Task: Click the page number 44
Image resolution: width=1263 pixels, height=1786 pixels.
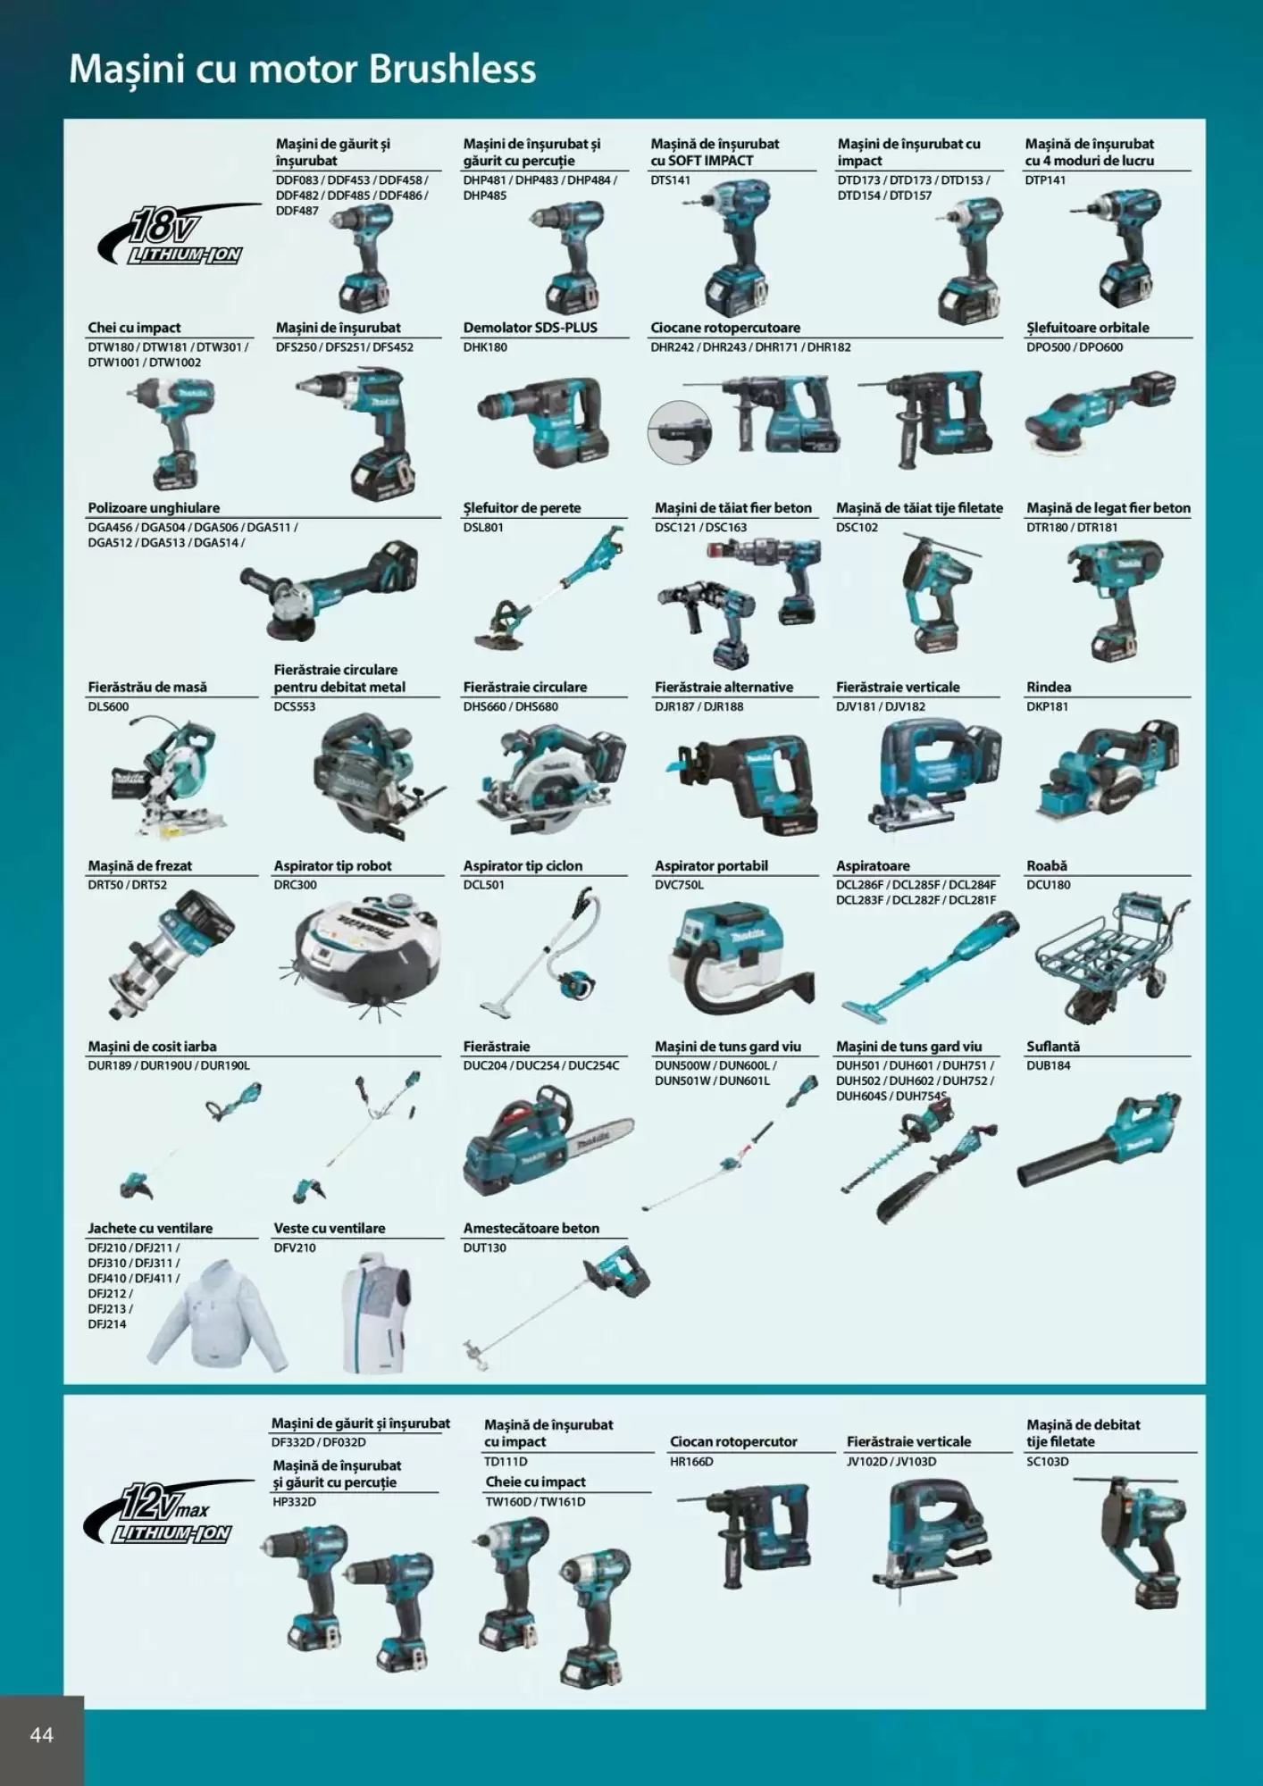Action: coord(42,1735)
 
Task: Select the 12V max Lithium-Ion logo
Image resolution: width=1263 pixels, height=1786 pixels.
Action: coord(169,1513)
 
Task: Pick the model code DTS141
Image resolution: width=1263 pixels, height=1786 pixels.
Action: coord(670,180)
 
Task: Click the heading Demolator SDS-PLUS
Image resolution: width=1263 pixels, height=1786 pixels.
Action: coord(530,328)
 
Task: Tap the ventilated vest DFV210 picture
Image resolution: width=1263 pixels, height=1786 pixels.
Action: coord(376,1311)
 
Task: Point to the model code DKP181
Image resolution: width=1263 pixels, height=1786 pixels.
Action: coord(1047,706)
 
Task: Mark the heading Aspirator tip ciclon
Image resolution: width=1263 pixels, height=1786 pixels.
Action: coord(523,865)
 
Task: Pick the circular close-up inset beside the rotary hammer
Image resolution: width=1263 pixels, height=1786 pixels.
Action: coord(680,432)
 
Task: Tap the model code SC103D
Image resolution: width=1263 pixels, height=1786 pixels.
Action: coord(1047,1462)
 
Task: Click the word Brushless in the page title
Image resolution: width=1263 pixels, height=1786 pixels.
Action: coord(452,70)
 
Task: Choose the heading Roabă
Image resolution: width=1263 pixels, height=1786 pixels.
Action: coord(1047,865)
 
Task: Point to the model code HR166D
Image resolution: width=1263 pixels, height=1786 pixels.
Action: coord(691,1462)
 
